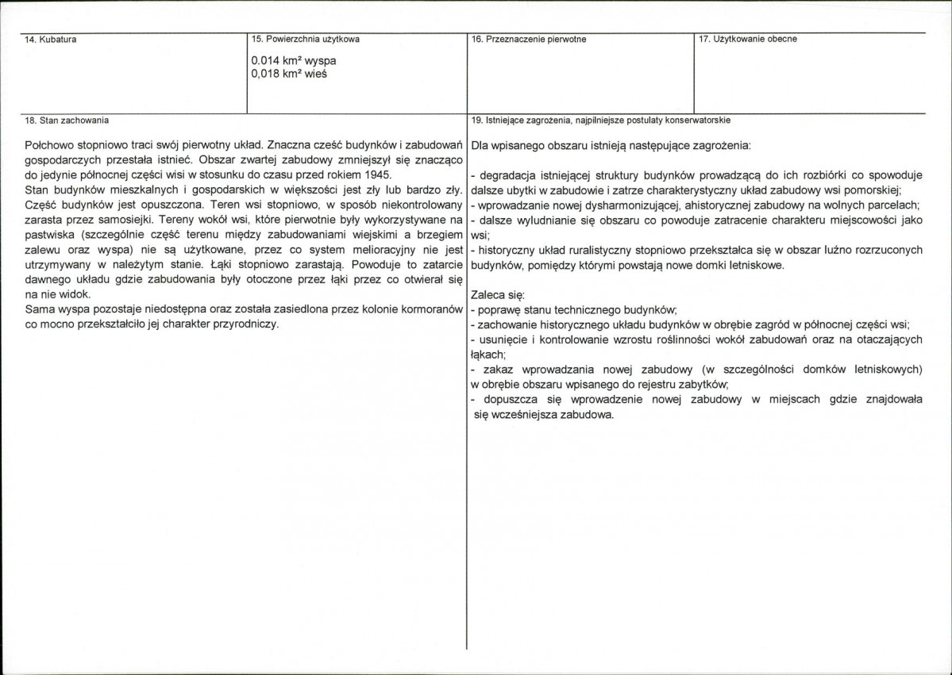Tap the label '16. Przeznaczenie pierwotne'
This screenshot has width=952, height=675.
pyautogui.click(x=528, y=39)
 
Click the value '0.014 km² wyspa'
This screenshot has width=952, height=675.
pyautogui.click(x=293, y=60)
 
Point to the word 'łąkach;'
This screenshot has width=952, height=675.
pyautogui.click(x=488, y=355)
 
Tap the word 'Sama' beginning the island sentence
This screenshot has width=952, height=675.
pyautogui.click(x=39, y=309)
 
